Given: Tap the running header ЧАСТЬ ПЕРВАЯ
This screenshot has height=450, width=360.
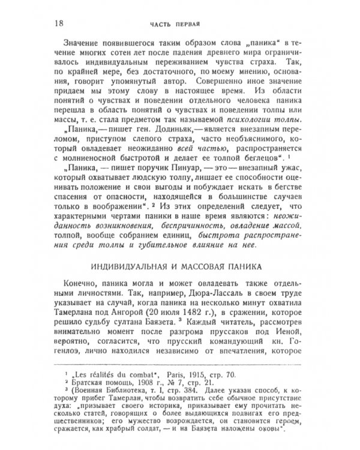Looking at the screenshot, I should point(174,25).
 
